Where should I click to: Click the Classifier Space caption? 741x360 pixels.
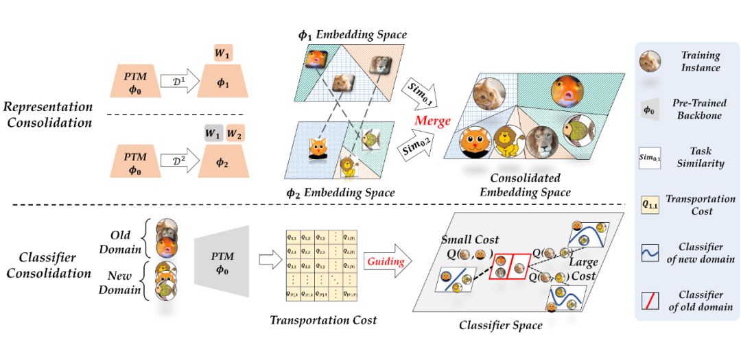500,325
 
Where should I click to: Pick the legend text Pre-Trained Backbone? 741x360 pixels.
700,108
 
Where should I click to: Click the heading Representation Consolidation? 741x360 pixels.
47,115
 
